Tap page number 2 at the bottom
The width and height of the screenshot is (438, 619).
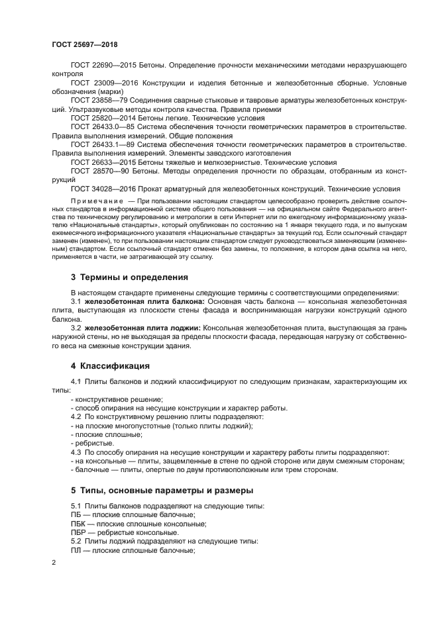[54, 563]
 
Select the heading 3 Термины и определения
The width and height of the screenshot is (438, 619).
[124, 277]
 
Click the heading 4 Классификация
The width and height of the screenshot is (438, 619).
[110, 365]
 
